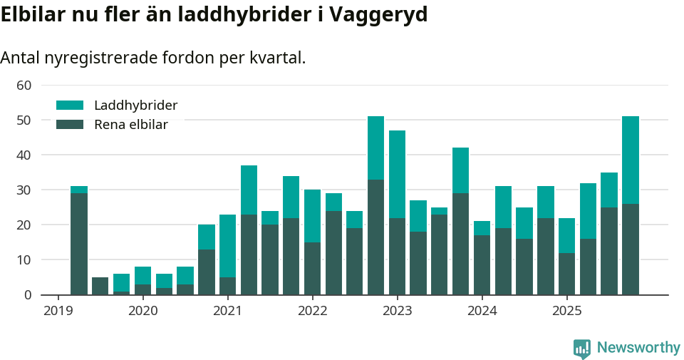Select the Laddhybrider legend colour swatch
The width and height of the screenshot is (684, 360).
[70, 106]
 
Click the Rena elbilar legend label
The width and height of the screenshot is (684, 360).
[131, 125]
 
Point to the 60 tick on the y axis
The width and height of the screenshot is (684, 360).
[24, 86]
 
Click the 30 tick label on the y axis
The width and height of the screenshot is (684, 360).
[24, 190]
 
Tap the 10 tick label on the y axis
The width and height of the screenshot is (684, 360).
[24, 260]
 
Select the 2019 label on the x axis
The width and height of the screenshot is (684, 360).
[58, 311]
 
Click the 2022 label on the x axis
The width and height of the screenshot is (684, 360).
[312, 311]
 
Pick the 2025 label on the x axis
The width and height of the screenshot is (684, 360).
[566, 311]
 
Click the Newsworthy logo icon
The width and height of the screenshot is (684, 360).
[582, 349]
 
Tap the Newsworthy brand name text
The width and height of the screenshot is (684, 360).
[638, 348]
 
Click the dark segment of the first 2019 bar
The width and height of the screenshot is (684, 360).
[79, 242]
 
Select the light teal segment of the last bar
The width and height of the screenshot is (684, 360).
[631, 160]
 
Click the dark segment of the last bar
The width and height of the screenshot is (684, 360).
[631, 250]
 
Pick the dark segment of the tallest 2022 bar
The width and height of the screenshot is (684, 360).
[375, 237]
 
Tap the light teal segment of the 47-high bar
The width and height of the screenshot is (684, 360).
[397, 174]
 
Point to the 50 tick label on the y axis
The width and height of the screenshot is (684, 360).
[24, 120]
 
